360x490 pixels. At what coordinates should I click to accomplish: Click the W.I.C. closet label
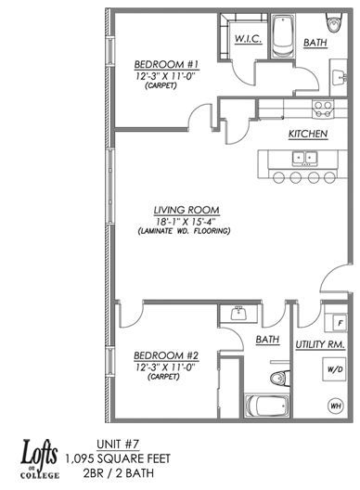248,39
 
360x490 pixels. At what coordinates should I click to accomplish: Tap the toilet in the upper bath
334,22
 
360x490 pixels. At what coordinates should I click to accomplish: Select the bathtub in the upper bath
282,36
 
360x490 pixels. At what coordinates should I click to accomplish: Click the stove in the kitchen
323,110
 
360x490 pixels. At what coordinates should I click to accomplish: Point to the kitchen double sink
304,158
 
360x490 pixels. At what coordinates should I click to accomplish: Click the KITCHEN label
308,134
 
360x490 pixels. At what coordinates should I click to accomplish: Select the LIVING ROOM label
186,211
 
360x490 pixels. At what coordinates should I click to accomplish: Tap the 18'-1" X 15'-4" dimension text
186,222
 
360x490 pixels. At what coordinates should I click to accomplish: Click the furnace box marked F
341,323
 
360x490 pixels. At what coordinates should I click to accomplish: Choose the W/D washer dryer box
335,369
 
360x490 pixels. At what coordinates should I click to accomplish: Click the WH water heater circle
335,406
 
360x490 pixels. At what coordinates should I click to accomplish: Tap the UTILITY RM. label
320,344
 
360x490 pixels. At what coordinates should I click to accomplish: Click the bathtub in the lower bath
267,406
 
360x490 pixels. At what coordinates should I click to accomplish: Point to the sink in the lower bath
239,313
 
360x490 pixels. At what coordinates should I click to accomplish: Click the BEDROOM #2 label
166,355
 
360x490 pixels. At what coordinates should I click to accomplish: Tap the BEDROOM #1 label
166,64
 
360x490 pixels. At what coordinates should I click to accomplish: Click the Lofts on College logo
40,459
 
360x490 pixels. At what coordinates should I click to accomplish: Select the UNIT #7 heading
118,445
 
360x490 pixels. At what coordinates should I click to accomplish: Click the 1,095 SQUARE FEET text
118,458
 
